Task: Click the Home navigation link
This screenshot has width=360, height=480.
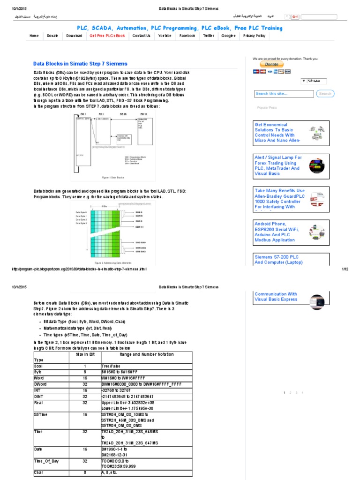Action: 34,36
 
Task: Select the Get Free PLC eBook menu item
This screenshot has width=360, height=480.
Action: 107,36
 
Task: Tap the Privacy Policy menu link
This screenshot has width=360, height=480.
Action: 255,36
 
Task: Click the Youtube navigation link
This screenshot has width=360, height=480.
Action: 165,36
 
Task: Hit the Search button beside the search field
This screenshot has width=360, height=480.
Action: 325,94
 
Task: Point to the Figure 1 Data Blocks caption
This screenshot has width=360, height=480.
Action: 112,178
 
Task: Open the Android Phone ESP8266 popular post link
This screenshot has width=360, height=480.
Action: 277,232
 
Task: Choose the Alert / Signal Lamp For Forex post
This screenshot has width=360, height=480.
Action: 278,165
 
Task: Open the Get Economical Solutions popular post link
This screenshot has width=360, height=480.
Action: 277,132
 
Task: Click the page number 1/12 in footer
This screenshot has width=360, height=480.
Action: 345,269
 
